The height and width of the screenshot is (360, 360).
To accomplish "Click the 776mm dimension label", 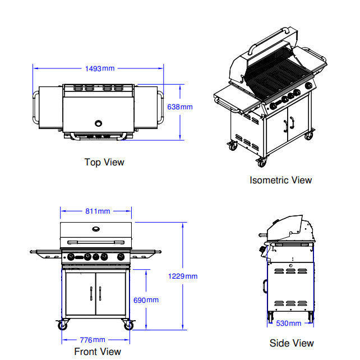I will pyautogui.click(x=91, y=340).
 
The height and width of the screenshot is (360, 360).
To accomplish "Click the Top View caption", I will pyautogui.click(x=104, y=162).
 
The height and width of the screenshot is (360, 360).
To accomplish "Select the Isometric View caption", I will pyautogui.click(x=280, y=180).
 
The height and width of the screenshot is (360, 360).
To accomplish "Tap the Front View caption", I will pyautogui.click(x=98, y=352).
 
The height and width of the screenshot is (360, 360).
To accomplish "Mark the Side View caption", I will pyautogui.click(x=292, y=343).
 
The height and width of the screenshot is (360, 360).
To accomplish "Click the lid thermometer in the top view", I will pyautogui.click(x=99, y=123).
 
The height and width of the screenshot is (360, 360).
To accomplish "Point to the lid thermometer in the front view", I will pyautogui.click(x=96, y=228).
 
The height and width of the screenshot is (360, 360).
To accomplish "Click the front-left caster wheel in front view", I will pyautogui.click(x=62, y=325).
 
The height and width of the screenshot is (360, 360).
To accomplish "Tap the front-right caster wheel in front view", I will pyautogui.click(x=128, y=325).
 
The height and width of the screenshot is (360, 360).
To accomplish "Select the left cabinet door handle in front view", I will pyautogui.click(x=91, y=294).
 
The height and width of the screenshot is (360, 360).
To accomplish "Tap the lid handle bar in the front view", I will pyautogui.click(x=96, y=242).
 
